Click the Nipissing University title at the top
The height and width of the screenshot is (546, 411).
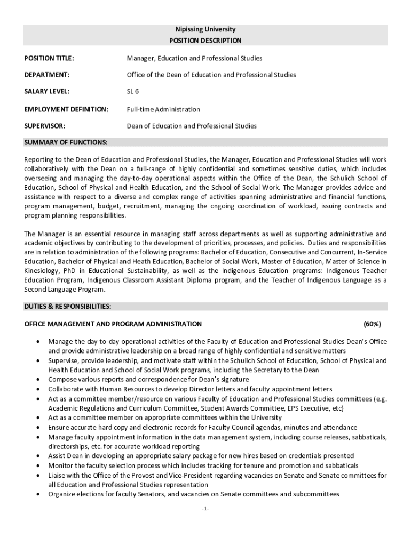tap(205, 29)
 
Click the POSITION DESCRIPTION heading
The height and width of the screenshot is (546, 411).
tap(205, 41)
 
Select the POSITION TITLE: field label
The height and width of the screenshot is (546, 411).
tap(49, 58)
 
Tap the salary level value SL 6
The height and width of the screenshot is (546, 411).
tap(133, 92)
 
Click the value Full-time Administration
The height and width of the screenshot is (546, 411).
tap(163, 109)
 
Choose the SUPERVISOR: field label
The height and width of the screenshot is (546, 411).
tap(45, 126)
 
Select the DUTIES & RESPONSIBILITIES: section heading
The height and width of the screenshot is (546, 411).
tap(68, 307)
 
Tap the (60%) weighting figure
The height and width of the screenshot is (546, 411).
tap(372, 324)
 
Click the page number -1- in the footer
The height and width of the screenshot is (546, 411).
tap(205, 509)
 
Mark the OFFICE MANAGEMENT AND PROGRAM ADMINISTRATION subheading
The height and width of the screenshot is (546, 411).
tap(113, 324)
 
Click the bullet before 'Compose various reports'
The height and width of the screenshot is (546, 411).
tap(37, 380)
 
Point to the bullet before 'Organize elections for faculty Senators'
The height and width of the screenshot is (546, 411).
tap(37, 494)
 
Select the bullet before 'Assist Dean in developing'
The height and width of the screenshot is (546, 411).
tap(37, 456)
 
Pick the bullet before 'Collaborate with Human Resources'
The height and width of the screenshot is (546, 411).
tap(37, 389)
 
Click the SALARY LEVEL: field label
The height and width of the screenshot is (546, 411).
tap(48, 92)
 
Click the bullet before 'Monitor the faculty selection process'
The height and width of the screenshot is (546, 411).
tap(37, 466)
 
